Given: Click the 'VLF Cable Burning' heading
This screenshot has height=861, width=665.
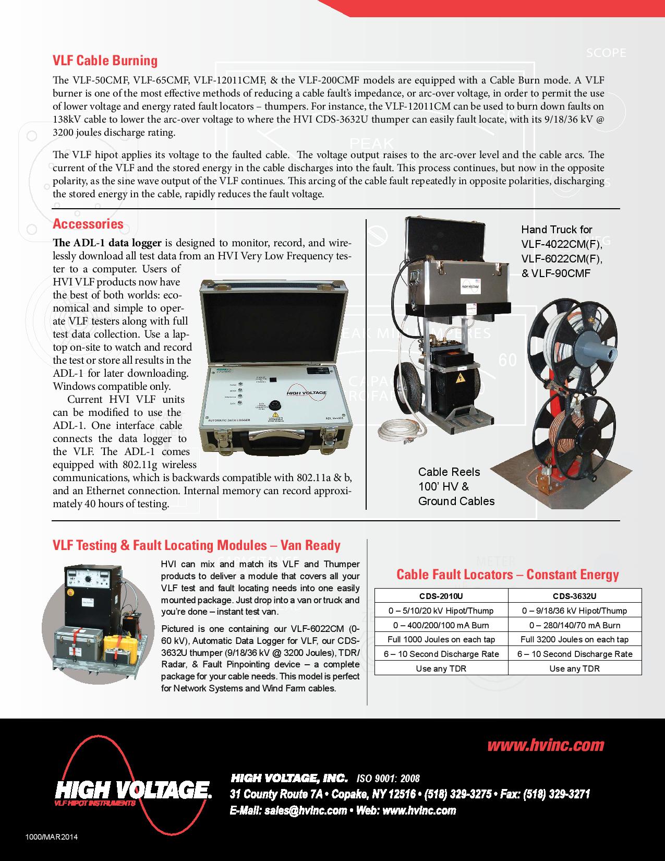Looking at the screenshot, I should tap(105, 61).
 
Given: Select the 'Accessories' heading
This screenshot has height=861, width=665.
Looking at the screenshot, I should tap(88, 224).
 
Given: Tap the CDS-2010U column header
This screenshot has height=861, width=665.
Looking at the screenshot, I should tap(441, 596).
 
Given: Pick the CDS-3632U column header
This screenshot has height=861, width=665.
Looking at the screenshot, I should tap(574, 596).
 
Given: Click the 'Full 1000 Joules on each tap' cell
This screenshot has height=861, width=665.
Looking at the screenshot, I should tap(441, 639).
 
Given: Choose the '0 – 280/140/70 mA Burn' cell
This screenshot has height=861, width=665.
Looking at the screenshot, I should tap(574, 625).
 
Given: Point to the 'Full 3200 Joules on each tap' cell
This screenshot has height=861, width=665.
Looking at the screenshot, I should tap(574, 639).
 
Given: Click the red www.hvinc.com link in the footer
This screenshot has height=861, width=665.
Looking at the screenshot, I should tap(545, 745).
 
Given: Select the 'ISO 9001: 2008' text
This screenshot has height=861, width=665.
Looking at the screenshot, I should tap(388, 779).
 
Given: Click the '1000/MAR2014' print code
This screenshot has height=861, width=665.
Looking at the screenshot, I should tap(51, 837).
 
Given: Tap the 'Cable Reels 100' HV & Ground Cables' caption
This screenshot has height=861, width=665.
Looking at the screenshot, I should tap(456, 486).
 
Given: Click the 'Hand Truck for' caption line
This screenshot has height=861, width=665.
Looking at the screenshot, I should tap(557, 230).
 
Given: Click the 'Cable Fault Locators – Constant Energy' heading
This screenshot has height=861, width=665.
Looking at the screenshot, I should tap(507, 575).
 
